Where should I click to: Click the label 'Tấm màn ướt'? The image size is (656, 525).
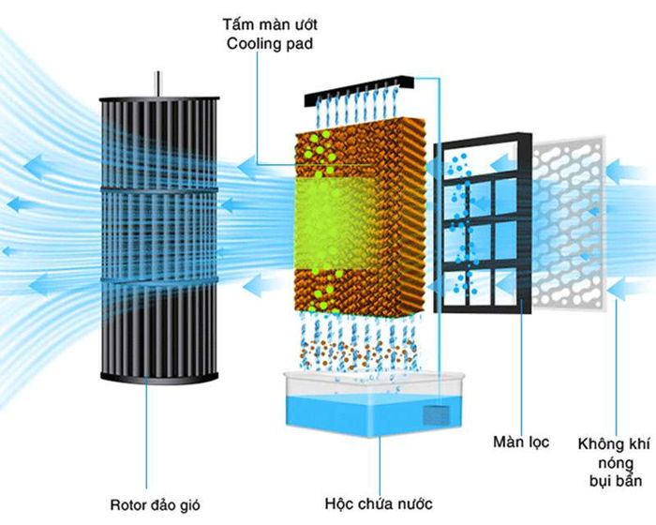(x=270, y=24)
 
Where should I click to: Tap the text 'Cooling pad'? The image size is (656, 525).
(x=270, y=43)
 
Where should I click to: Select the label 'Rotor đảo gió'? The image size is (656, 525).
(x=155, y=504)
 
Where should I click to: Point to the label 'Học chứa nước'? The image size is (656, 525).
(x=379, y=502)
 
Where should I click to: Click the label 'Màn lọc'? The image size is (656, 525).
(x=521, y=442)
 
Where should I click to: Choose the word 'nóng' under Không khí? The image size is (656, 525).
(x=616, y=463)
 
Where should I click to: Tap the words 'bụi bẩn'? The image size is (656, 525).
(x=616, y=480)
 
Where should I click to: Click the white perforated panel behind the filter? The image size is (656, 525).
(x=569, y=223)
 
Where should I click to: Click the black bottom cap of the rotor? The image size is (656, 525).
(x=159, y=378)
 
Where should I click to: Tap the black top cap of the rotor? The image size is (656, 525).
(x=159, y=98)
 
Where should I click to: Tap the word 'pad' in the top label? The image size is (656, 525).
(x=300, y=44)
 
